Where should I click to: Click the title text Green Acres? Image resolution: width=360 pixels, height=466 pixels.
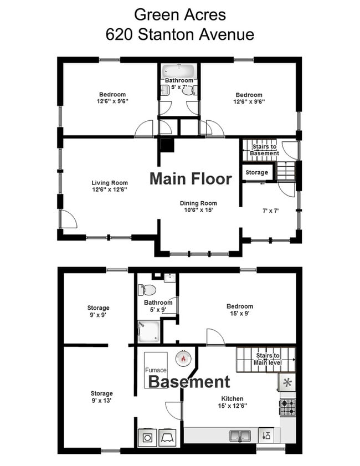pos(179,14)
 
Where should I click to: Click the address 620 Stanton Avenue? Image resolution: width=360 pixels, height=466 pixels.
pos(179,34)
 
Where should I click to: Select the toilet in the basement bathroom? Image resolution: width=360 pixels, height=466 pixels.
pos(149,289)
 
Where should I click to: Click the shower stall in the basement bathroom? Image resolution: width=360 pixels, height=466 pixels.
pos(149,331)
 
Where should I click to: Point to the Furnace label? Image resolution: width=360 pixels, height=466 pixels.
pos(155,370)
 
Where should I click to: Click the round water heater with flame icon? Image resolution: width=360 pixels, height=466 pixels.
pos(183,358)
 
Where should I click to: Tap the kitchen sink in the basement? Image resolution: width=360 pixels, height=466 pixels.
pos(240,435)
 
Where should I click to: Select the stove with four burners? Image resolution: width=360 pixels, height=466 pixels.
pos(287,407)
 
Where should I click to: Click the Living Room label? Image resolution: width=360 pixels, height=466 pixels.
pos(109,186)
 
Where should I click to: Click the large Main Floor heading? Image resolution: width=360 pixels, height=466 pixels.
pos(191,179)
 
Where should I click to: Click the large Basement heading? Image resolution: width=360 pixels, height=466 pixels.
pos(189,382)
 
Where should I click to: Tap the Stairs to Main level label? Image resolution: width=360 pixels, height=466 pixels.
pos(268,359)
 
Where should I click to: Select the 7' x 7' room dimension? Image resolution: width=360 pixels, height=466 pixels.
pos(269,211)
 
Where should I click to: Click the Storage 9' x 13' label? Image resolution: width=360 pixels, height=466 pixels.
pos(101,397)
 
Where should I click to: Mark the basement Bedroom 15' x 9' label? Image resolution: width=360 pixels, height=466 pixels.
pos(239,310)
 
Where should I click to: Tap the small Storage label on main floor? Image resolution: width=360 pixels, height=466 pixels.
pos(256,172)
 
